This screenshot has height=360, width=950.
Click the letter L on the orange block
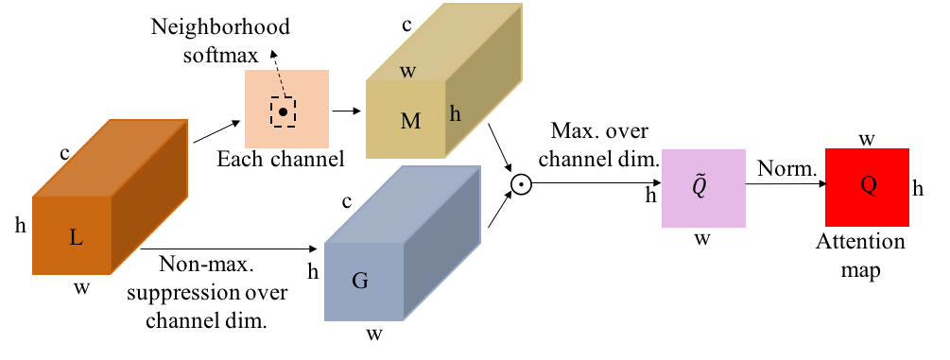click(x=77, y=238)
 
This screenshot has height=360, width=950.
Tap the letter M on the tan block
click(x=410, y=122)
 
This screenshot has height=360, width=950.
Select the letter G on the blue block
click(x=360, y=281)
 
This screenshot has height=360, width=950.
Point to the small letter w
click(x=408, y=72)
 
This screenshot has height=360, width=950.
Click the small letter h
click(x=456, y=114)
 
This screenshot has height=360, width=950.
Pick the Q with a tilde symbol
click(x=700, y=186)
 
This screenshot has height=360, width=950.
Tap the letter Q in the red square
click(x=868, y=185)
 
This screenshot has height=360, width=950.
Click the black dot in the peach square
click(x=283, y=112)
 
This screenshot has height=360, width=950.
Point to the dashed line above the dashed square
click(x=280, y=84)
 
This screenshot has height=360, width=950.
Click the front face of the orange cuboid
click(x=57, y=255)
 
